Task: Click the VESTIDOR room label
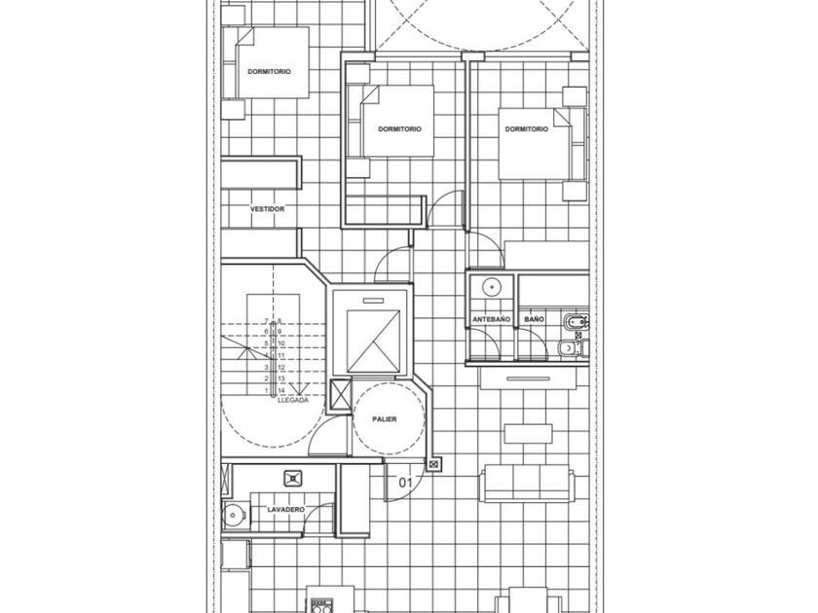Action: click(267, 209)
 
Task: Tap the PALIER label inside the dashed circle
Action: click(385, 419)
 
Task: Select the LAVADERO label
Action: click(286, 509)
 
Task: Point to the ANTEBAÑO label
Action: click(492, 319)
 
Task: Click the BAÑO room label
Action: click(535, 319)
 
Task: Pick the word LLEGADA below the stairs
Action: click(293, 400)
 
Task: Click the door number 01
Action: click(405, 483)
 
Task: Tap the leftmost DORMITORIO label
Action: click(269, 71)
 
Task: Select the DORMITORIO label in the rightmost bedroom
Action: click(527, 128)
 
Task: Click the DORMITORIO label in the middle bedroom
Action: click(399, 128)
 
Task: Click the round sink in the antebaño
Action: click(492, 287)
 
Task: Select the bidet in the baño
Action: click(574, 323)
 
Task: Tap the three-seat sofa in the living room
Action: click(527, 484)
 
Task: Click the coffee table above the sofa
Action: click(529, 434)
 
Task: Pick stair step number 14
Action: click(281, 390)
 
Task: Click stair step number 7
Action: click(266, 321)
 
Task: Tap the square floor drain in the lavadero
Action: click(293, 479)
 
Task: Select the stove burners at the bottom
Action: click(322, 606)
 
